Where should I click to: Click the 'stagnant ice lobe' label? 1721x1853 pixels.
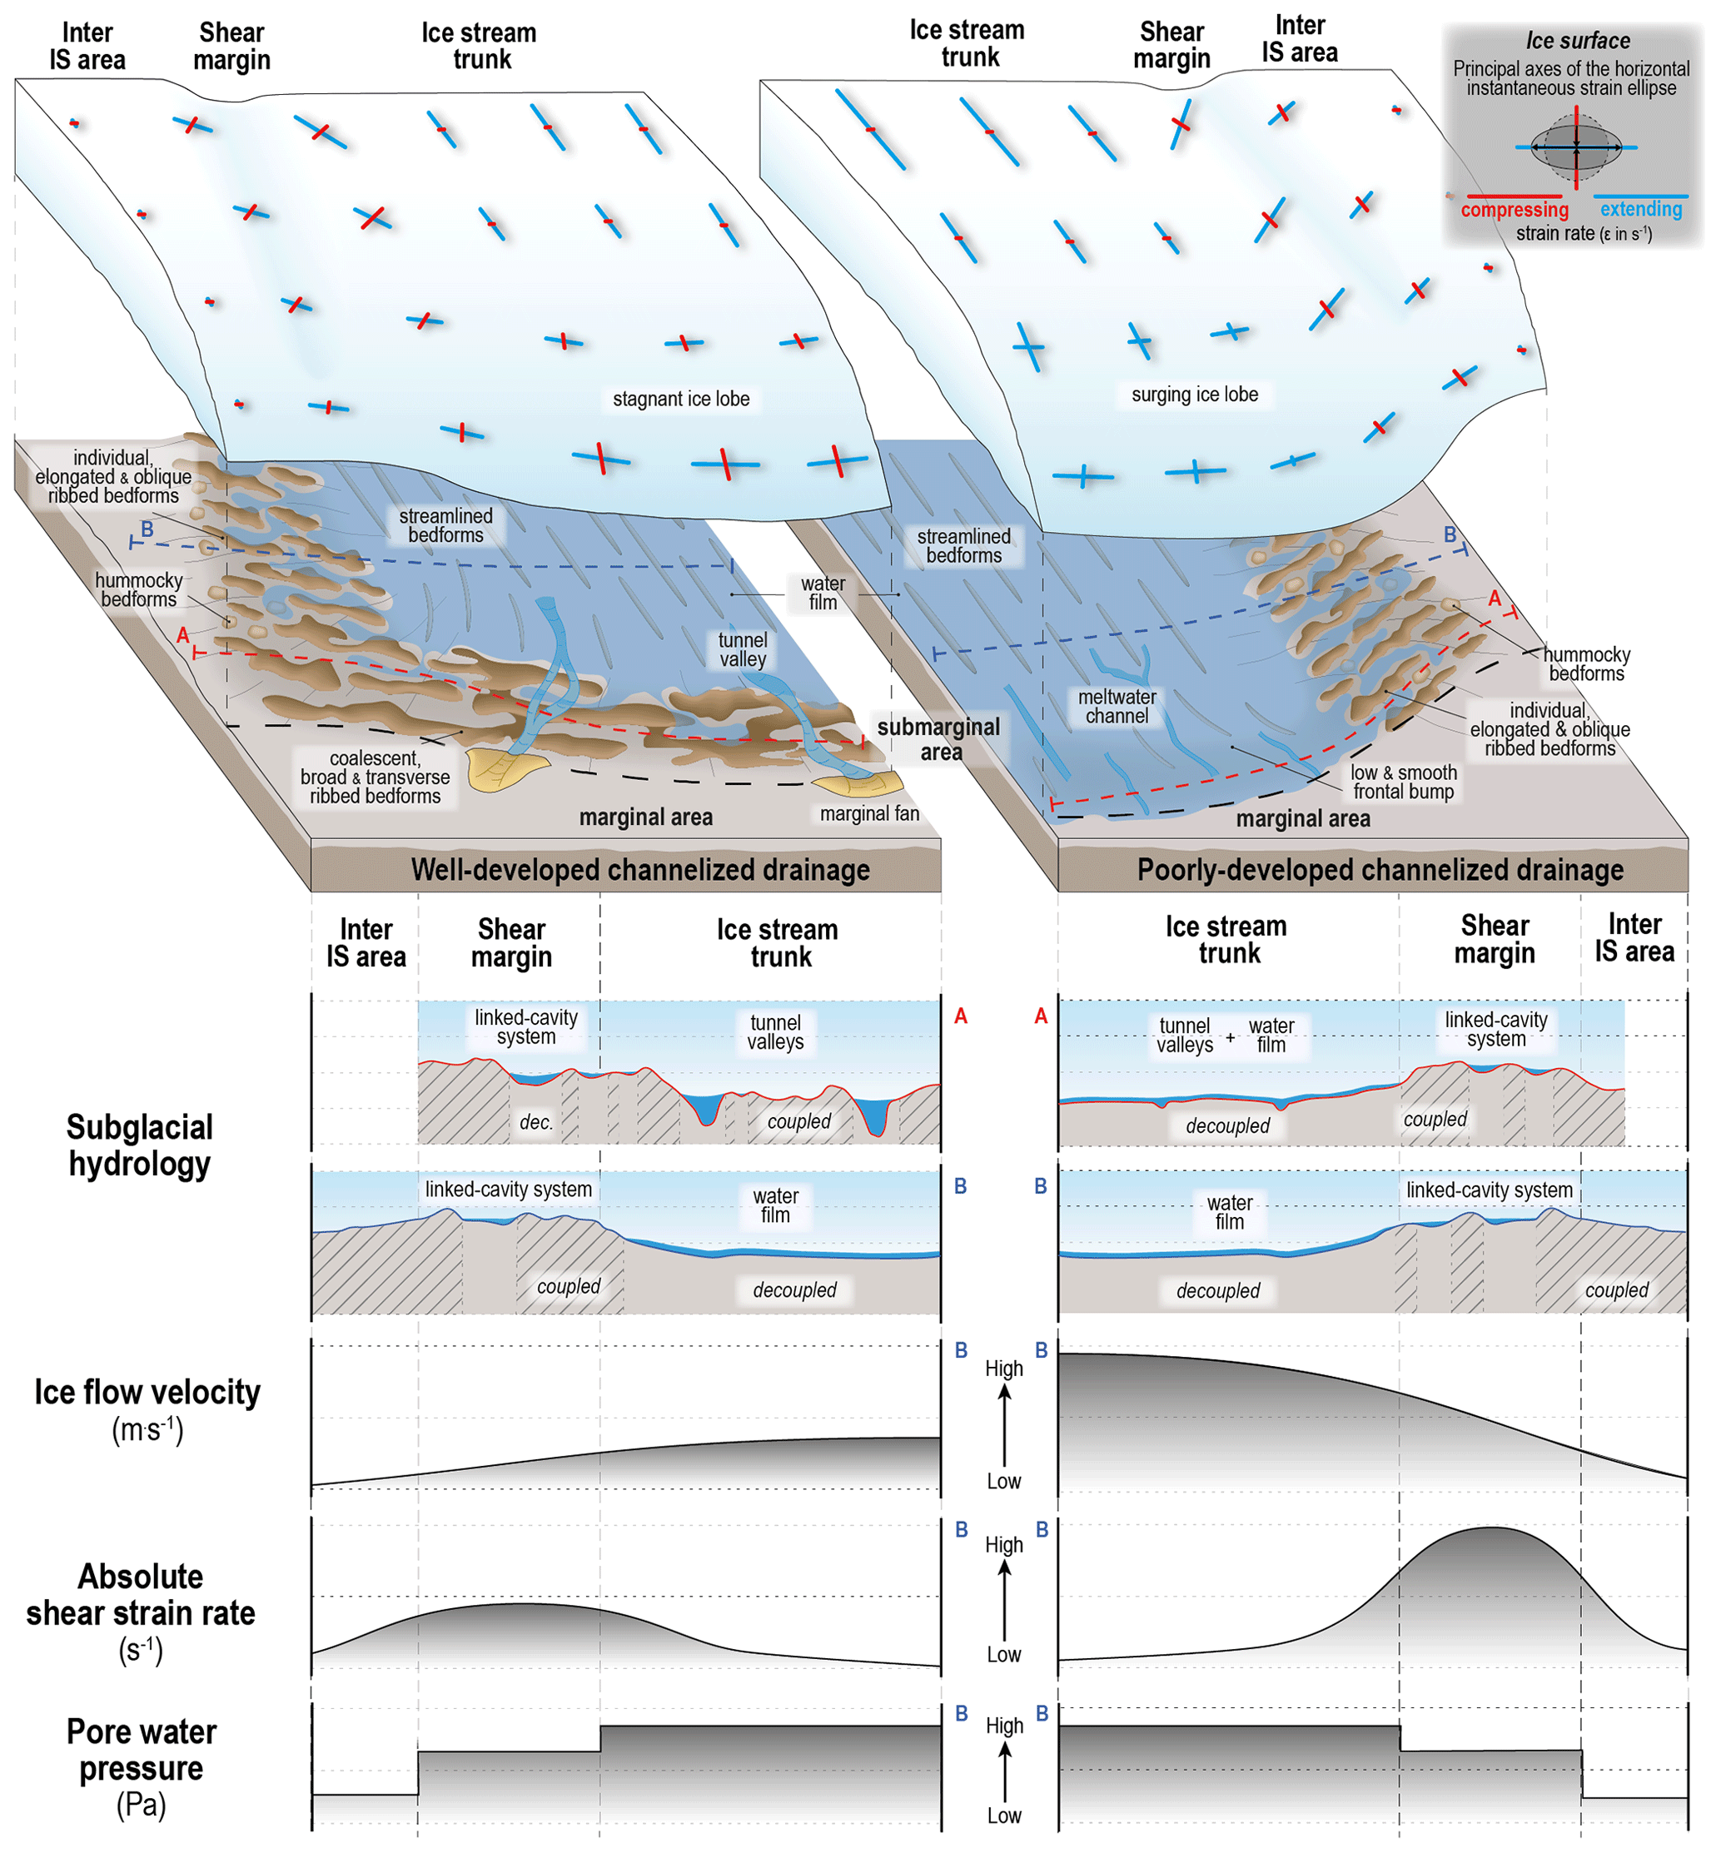681,399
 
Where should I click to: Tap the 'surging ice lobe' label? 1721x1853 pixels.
1194,394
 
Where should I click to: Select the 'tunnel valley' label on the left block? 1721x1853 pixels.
742,649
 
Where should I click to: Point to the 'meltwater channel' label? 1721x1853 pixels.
1117,706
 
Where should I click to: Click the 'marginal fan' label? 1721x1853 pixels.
869,813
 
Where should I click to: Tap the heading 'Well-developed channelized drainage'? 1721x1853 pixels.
641,869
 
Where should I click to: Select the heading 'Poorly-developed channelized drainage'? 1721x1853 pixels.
1380,869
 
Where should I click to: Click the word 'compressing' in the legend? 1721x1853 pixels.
1515,210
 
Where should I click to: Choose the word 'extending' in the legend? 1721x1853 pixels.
1641,209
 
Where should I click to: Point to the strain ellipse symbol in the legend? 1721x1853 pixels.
1576,147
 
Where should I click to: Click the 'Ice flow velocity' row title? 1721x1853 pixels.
147,1391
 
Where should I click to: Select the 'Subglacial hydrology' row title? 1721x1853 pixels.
140,1145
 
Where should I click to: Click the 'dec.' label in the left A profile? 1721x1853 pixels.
536,1121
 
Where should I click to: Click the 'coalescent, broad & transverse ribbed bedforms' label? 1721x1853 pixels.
376,777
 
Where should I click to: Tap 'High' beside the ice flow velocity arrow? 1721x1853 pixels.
1004,1368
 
